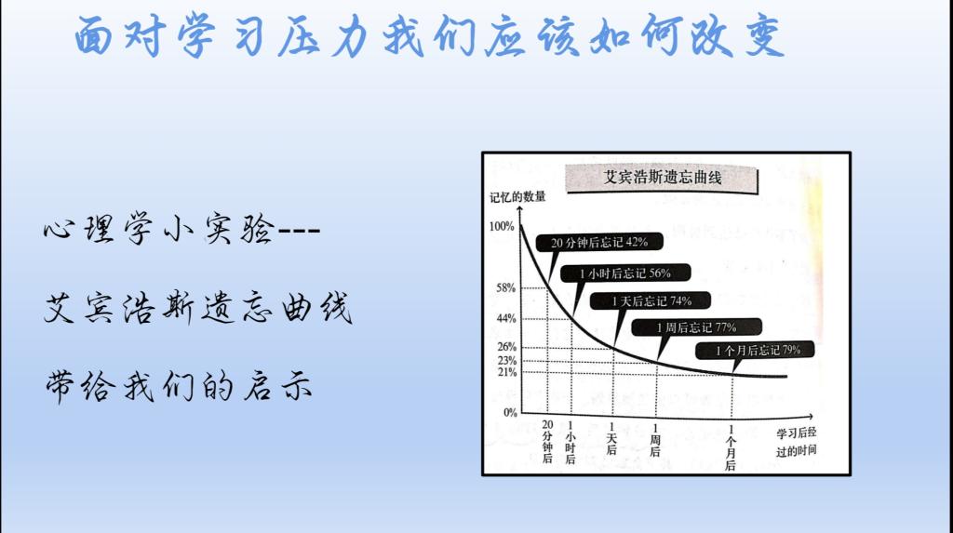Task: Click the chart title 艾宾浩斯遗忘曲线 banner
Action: (662, 178)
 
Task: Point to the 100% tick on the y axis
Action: (502, 226)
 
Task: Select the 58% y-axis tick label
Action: (505, 287)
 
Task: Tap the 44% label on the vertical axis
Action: (505, 318)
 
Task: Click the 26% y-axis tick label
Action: (506, 346)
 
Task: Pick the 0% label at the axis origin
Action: (510, 412)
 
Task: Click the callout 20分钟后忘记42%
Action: (598, 243)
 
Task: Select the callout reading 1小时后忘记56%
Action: (624, 273)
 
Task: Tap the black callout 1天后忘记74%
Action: (651, 300)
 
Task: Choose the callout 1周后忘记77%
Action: (696, 327)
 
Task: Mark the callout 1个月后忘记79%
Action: (755, 350)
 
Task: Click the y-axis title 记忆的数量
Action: (517, 197)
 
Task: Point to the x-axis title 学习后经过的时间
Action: (797, 442)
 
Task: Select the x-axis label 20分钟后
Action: (547, 442)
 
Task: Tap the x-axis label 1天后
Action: (611, 439)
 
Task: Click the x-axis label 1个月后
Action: (731, 448)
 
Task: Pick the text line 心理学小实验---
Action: (181, 229)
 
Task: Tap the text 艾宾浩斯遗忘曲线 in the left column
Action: (197, 307)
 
